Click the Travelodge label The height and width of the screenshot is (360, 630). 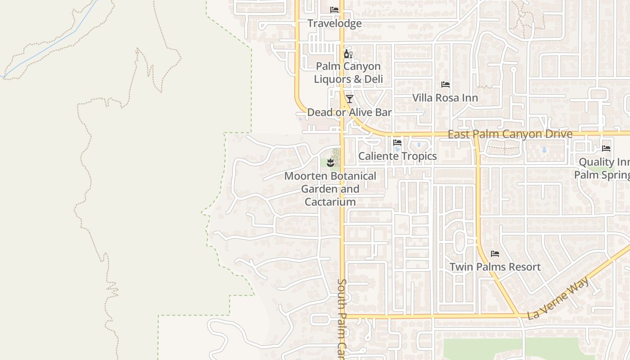pyautogui.click(x=334, y=23)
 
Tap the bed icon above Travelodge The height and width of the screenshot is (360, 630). pyautogui.click(x=334, y=9)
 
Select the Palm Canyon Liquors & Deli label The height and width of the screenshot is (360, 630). pyautogui.click(x=348, y=73)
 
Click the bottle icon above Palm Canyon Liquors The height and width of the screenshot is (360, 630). pyautogui.click(x=348, y=54)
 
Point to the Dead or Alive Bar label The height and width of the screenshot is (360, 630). pyautogui.click(x=349, y=112)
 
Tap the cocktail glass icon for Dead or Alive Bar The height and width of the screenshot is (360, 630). pyautogui.click(x=349, y=99)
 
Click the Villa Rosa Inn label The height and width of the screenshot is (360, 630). pyautogui.click(x=445, y=98)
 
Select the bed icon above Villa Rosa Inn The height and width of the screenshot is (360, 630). pyautogui.click(x=445, y=85)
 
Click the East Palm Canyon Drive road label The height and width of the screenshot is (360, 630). pyautogui.click(x=510, y=134)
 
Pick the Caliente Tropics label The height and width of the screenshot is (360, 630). pyautogui.click(x=397, y=156)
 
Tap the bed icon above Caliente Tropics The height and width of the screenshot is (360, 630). pyautogui.click(x=397, y=143)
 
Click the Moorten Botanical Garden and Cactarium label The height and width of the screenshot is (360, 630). pyautogui.click(x=330, y=189)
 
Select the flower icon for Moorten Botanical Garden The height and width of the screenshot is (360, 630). pyautogui.click(x=330, y=162)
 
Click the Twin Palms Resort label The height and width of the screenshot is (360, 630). pyautogui.click(x=495, y=267)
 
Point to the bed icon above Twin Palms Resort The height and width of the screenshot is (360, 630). pyautogui.click(x=495, y=254)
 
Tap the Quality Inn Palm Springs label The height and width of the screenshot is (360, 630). pyautogui.click(x=603, y=168)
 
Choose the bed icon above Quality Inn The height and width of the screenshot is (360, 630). pyautogui.click(x=606, y=148)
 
